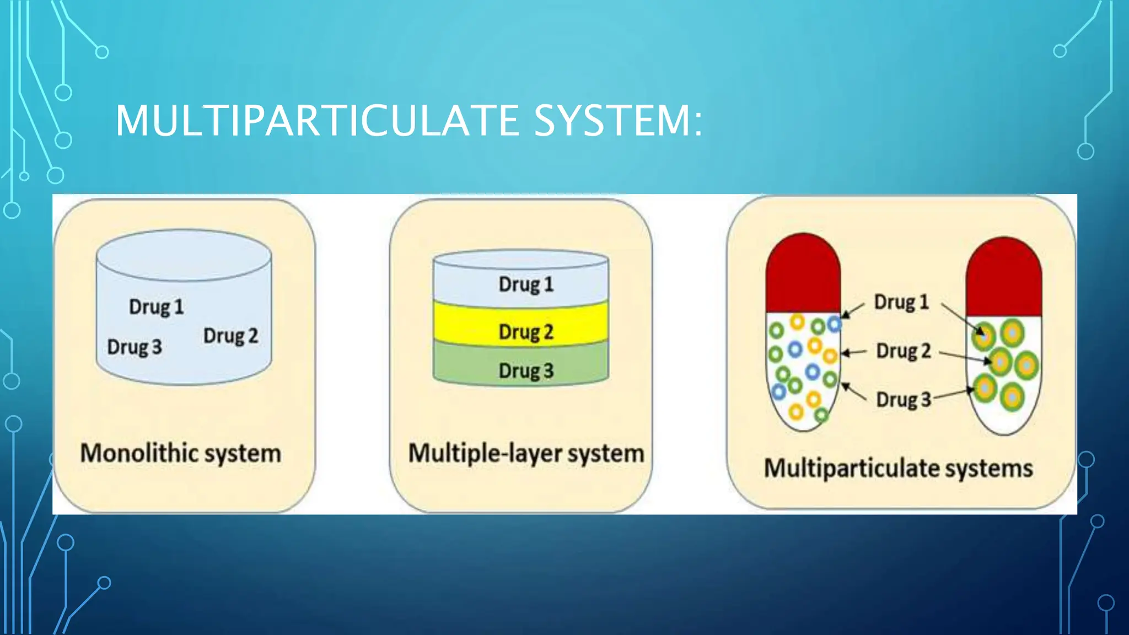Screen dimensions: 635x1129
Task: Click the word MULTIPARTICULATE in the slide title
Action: coord(317,121)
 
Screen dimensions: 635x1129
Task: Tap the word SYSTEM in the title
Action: coord(612,121)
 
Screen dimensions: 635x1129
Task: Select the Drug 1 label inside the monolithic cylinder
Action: coord(156,307)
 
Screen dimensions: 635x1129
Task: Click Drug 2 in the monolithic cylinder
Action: coord(230,336)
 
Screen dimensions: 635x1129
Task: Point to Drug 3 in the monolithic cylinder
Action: coord(135,347)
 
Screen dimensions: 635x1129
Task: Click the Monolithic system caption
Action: coord(181,454)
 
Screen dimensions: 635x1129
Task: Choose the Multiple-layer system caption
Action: coord(526,454)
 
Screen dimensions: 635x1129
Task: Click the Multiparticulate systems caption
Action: coord(898,469)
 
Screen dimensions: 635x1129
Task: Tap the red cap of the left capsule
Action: coord(803,276)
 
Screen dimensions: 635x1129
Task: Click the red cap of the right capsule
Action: coord(1004,278)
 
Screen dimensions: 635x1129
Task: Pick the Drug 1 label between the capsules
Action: coord(901,302)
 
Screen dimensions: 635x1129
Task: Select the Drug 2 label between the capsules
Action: coord(904,351)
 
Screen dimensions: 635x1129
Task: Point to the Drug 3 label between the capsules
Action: coord(904,400)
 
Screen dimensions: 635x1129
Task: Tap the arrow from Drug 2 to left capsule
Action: coord(854,352)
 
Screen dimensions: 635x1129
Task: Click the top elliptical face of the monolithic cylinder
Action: coord(184,255)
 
